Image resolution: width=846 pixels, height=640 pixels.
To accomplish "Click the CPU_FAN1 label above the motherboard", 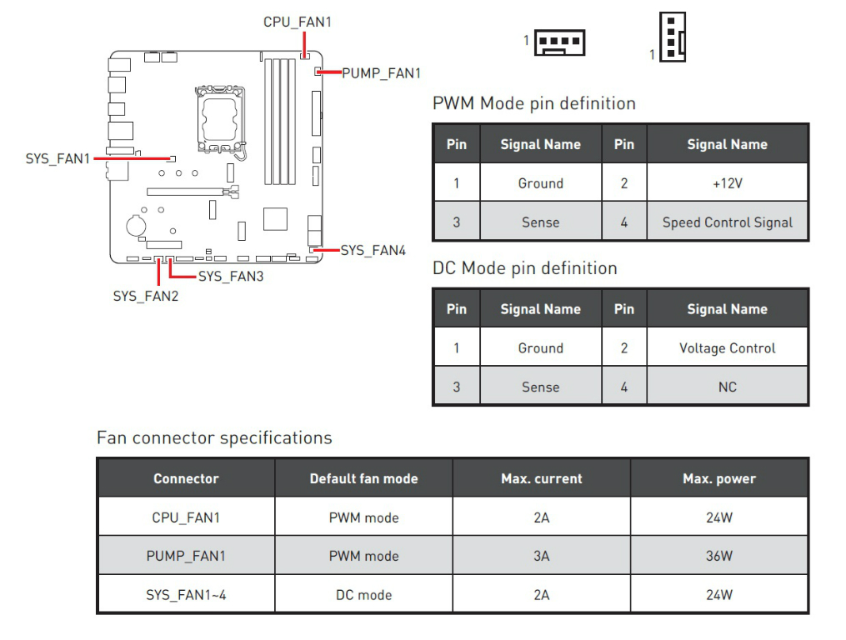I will (297, 22).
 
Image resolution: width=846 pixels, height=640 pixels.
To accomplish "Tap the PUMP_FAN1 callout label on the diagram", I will (382, 73).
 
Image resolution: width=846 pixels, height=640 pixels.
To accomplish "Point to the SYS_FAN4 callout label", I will (373, 250).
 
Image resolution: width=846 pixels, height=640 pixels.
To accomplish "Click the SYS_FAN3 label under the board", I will (230, 276).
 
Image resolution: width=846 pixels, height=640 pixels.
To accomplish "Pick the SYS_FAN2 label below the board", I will (145, 295).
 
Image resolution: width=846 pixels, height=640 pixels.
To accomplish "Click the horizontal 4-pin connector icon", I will (559, 41).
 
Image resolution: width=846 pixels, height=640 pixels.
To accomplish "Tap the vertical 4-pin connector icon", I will (672, 37).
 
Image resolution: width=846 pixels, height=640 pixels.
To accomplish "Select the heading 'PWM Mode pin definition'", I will (533, 104).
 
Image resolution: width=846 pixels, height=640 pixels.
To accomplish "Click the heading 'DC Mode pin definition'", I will (524, 268).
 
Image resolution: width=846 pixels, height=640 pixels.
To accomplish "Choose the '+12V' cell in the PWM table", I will (727, 183).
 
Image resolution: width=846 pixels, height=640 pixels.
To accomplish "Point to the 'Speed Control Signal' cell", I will (727, 222).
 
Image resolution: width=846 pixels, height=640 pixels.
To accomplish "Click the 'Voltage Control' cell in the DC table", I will (727, 348).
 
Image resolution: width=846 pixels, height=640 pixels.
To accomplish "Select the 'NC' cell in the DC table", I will (727, 387).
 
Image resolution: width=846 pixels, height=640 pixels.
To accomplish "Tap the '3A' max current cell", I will (541, 556).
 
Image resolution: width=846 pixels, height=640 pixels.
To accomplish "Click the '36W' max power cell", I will (718, 556).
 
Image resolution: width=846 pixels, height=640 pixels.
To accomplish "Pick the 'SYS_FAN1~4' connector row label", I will (186, 595).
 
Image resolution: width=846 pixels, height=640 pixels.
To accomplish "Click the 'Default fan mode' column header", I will (363, 479).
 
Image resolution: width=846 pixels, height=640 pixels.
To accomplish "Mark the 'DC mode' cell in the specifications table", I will (363, 595).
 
